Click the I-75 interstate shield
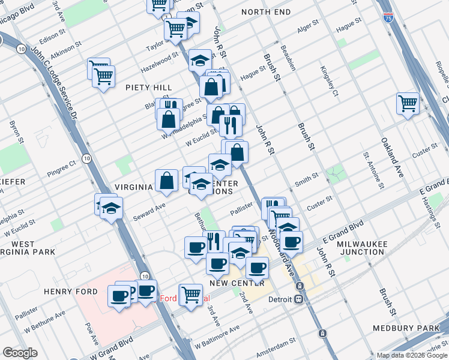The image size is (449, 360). click(388, 17)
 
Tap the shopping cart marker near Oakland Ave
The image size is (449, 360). click(408, 103)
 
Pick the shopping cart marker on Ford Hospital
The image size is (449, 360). click(191, 294)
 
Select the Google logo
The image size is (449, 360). click(20, 353)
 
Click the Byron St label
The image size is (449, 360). click(13, 133)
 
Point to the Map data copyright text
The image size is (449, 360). click(411, 355)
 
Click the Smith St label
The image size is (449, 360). click(306, 179)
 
